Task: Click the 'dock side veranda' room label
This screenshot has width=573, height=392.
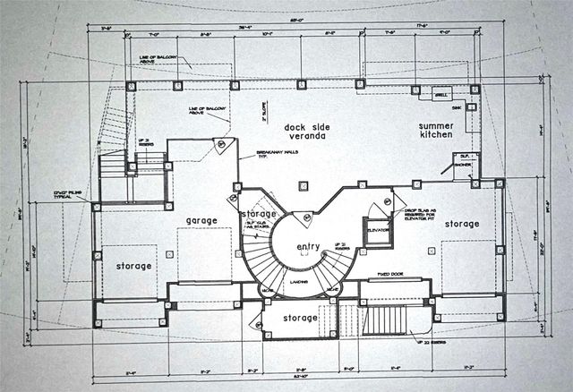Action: [302, 132]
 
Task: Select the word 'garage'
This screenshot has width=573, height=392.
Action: [202, 220]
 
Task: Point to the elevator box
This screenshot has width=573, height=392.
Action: [377, 228]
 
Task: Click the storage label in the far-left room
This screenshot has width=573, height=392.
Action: [133, 266]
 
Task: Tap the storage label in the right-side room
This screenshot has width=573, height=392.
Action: [462, 224]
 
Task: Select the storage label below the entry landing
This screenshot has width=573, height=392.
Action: [300, 318]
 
